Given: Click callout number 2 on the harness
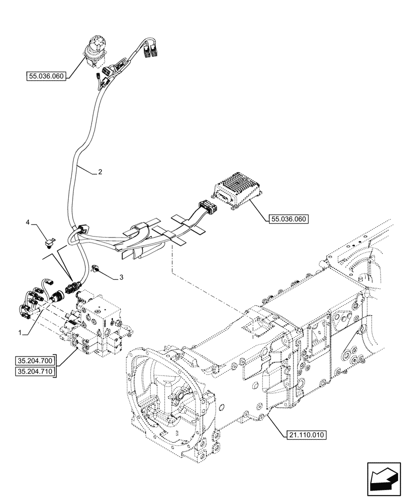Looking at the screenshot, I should (x=100, y=172).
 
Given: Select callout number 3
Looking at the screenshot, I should (x=120, y=277).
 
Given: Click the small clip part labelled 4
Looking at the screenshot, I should (x=49, y=244).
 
